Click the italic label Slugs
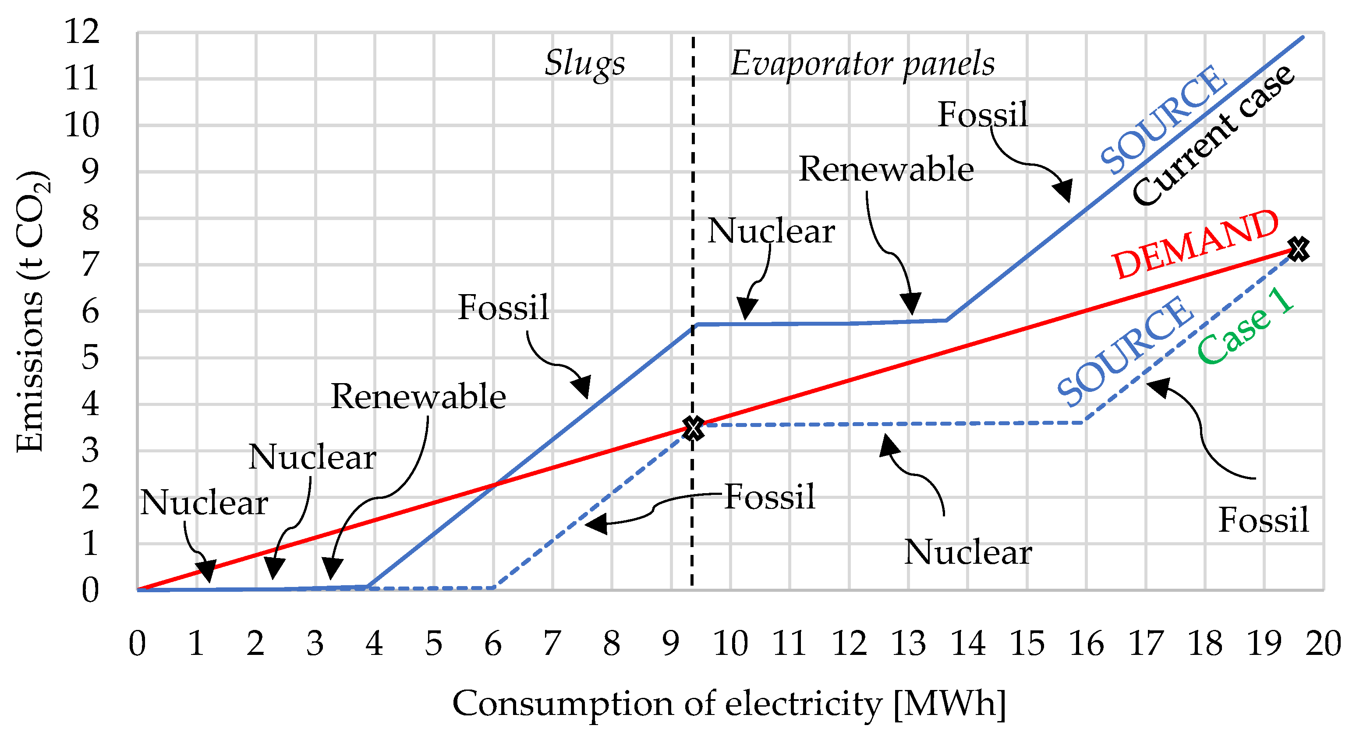coord(584,64)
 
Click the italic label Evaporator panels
coord(862,64)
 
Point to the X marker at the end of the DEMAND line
coord(1299,249)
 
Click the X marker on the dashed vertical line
coord(694,428)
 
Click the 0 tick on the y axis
coord(90,590)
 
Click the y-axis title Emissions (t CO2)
coord(32,311)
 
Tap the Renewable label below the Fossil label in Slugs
coord(418,397)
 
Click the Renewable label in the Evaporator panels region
coord(886,170)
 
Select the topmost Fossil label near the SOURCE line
coord(982,115)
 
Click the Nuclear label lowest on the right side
coord(968,552)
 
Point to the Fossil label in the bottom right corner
coord(1263,520)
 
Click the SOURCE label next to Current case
coord(1162,119)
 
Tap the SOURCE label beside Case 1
coord(1125,351)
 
